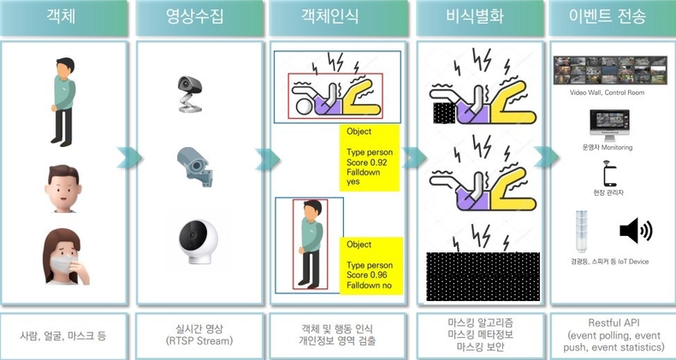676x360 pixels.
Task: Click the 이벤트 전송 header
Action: pos(608,18)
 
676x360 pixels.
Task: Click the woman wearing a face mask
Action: pos(62,257)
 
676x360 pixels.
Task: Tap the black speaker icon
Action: pos(635,231)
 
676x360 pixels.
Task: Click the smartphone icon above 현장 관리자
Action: pos(608,174)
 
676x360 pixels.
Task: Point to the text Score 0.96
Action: pos(363,274)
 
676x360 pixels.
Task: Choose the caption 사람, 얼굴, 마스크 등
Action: pos(63,336)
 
